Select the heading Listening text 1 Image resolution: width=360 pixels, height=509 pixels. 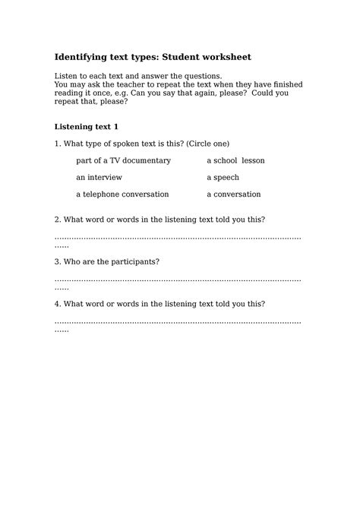(87, 126)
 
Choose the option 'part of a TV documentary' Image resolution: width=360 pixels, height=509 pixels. (123, 161)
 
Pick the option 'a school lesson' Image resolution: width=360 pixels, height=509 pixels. (235, 161)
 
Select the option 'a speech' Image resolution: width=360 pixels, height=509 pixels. (223, 178)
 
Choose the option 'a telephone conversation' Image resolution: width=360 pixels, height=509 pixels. (122, 194)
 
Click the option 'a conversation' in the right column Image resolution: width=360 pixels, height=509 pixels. (233, 194)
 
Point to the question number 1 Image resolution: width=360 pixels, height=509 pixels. (57, 144)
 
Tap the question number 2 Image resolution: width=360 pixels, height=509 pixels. (57, 220)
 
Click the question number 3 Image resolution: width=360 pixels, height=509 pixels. (57, 262)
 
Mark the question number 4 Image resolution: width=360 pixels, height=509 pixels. (57, 304)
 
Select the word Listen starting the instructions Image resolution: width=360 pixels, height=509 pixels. (67, 76)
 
